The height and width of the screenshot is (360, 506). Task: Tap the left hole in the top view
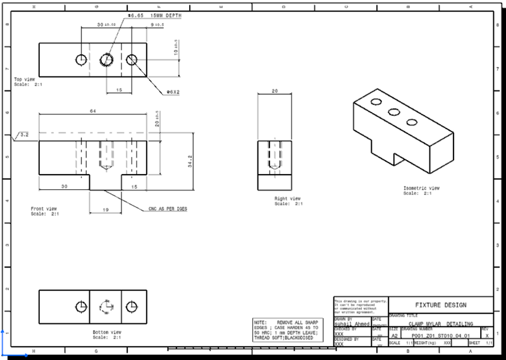(x=81, y=59)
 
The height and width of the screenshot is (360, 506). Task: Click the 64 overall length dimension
(x=93, y=110)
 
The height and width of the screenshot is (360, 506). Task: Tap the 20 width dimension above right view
(x=274, y=90)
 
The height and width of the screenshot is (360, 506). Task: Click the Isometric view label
(x=421, y=190)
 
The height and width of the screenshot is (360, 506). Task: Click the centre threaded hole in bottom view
(x=106, y=307)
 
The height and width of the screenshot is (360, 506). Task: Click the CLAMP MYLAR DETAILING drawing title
(x=440, y=323)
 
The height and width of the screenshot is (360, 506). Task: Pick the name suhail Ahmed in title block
(x=352, y=323)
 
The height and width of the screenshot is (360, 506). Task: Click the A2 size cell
(x=395, y=335)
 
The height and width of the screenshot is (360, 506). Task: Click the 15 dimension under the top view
(x=119, y=90)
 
